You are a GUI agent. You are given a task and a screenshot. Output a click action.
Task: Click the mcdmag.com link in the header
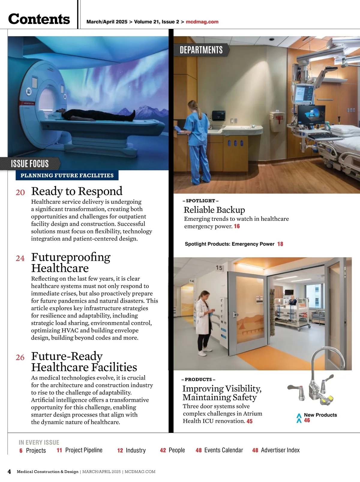point(202,22)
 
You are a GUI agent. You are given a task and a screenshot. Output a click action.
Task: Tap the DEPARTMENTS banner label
point(201,50)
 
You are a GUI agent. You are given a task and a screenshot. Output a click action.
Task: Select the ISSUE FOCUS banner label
point(30,164)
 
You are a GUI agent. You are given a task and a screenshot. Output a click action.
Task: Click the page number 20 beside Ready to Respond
point(20,192)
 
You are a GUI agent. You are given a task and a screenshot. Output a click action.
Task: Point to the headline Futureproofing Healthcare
point(71,263)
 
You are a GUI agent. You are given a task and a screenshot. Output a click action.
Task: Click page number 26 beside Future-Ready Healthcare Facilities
point(20,357)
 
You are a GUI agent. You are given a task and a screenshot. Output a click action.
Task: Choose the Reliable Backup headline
point(214,210)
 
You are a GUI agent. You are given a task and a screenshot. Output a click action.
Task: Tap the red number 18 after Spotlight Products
point(280,244)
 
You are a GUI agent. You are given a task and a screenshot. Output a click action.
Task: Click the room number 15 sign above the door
point(219,268)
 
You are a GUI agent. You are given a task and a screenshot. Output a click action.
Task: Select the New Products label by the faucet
point(320,415)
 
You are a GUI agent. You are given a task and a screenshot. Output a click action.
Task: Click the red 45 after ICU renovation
point(250,421)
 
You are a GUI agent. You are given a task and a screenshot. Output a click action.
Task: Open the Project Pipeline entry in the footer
point(84,450)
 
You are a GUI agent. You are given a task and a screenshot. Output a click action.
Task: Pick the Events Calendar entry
point(223,450)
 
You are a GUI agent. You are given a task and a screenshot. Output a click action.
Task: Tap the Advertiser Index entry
point(280,450)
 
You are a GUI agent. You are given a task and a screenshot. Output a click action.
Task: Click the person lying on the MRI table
point(96,115)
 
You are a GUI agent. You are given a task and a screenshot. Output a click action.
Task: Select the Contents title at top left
point(39,19)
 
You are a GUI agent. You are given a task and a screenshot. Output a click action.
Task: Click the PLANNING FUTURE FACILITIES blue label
point(67,176)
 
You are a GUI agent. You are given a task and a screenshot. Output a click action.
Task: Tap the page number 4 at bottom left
point(9,472)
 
